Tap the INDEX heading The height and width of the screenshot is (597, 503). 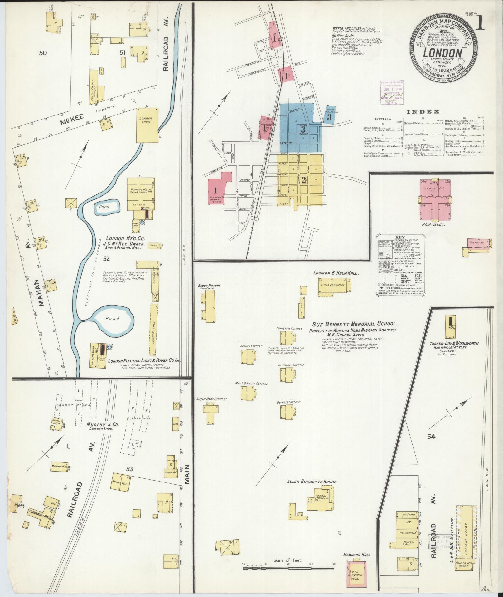(423, 112)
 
